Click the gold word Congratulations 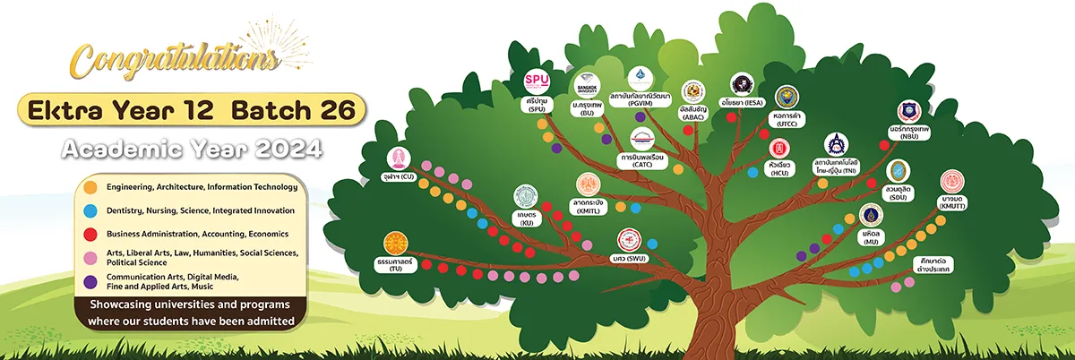point(173,61)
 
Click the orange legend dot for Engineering point(90,187)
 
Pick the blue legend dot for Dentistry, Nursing point(90,210)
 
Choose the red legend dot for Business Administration point(90,234)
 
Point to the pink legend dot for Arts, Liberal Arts point(90,257)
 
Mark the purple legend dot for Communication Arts point(90,281)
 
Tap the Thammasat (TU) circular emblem point(396,244)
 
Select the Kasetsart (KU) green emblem point(526,198)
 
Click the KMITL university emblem point(588,186)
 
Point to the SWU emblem point(631,240)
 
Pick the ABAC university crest point(693,92)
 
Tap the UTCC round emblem point(787,98)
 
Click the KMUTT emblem point(951,182)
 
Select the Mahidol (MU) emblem point(869,216)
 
